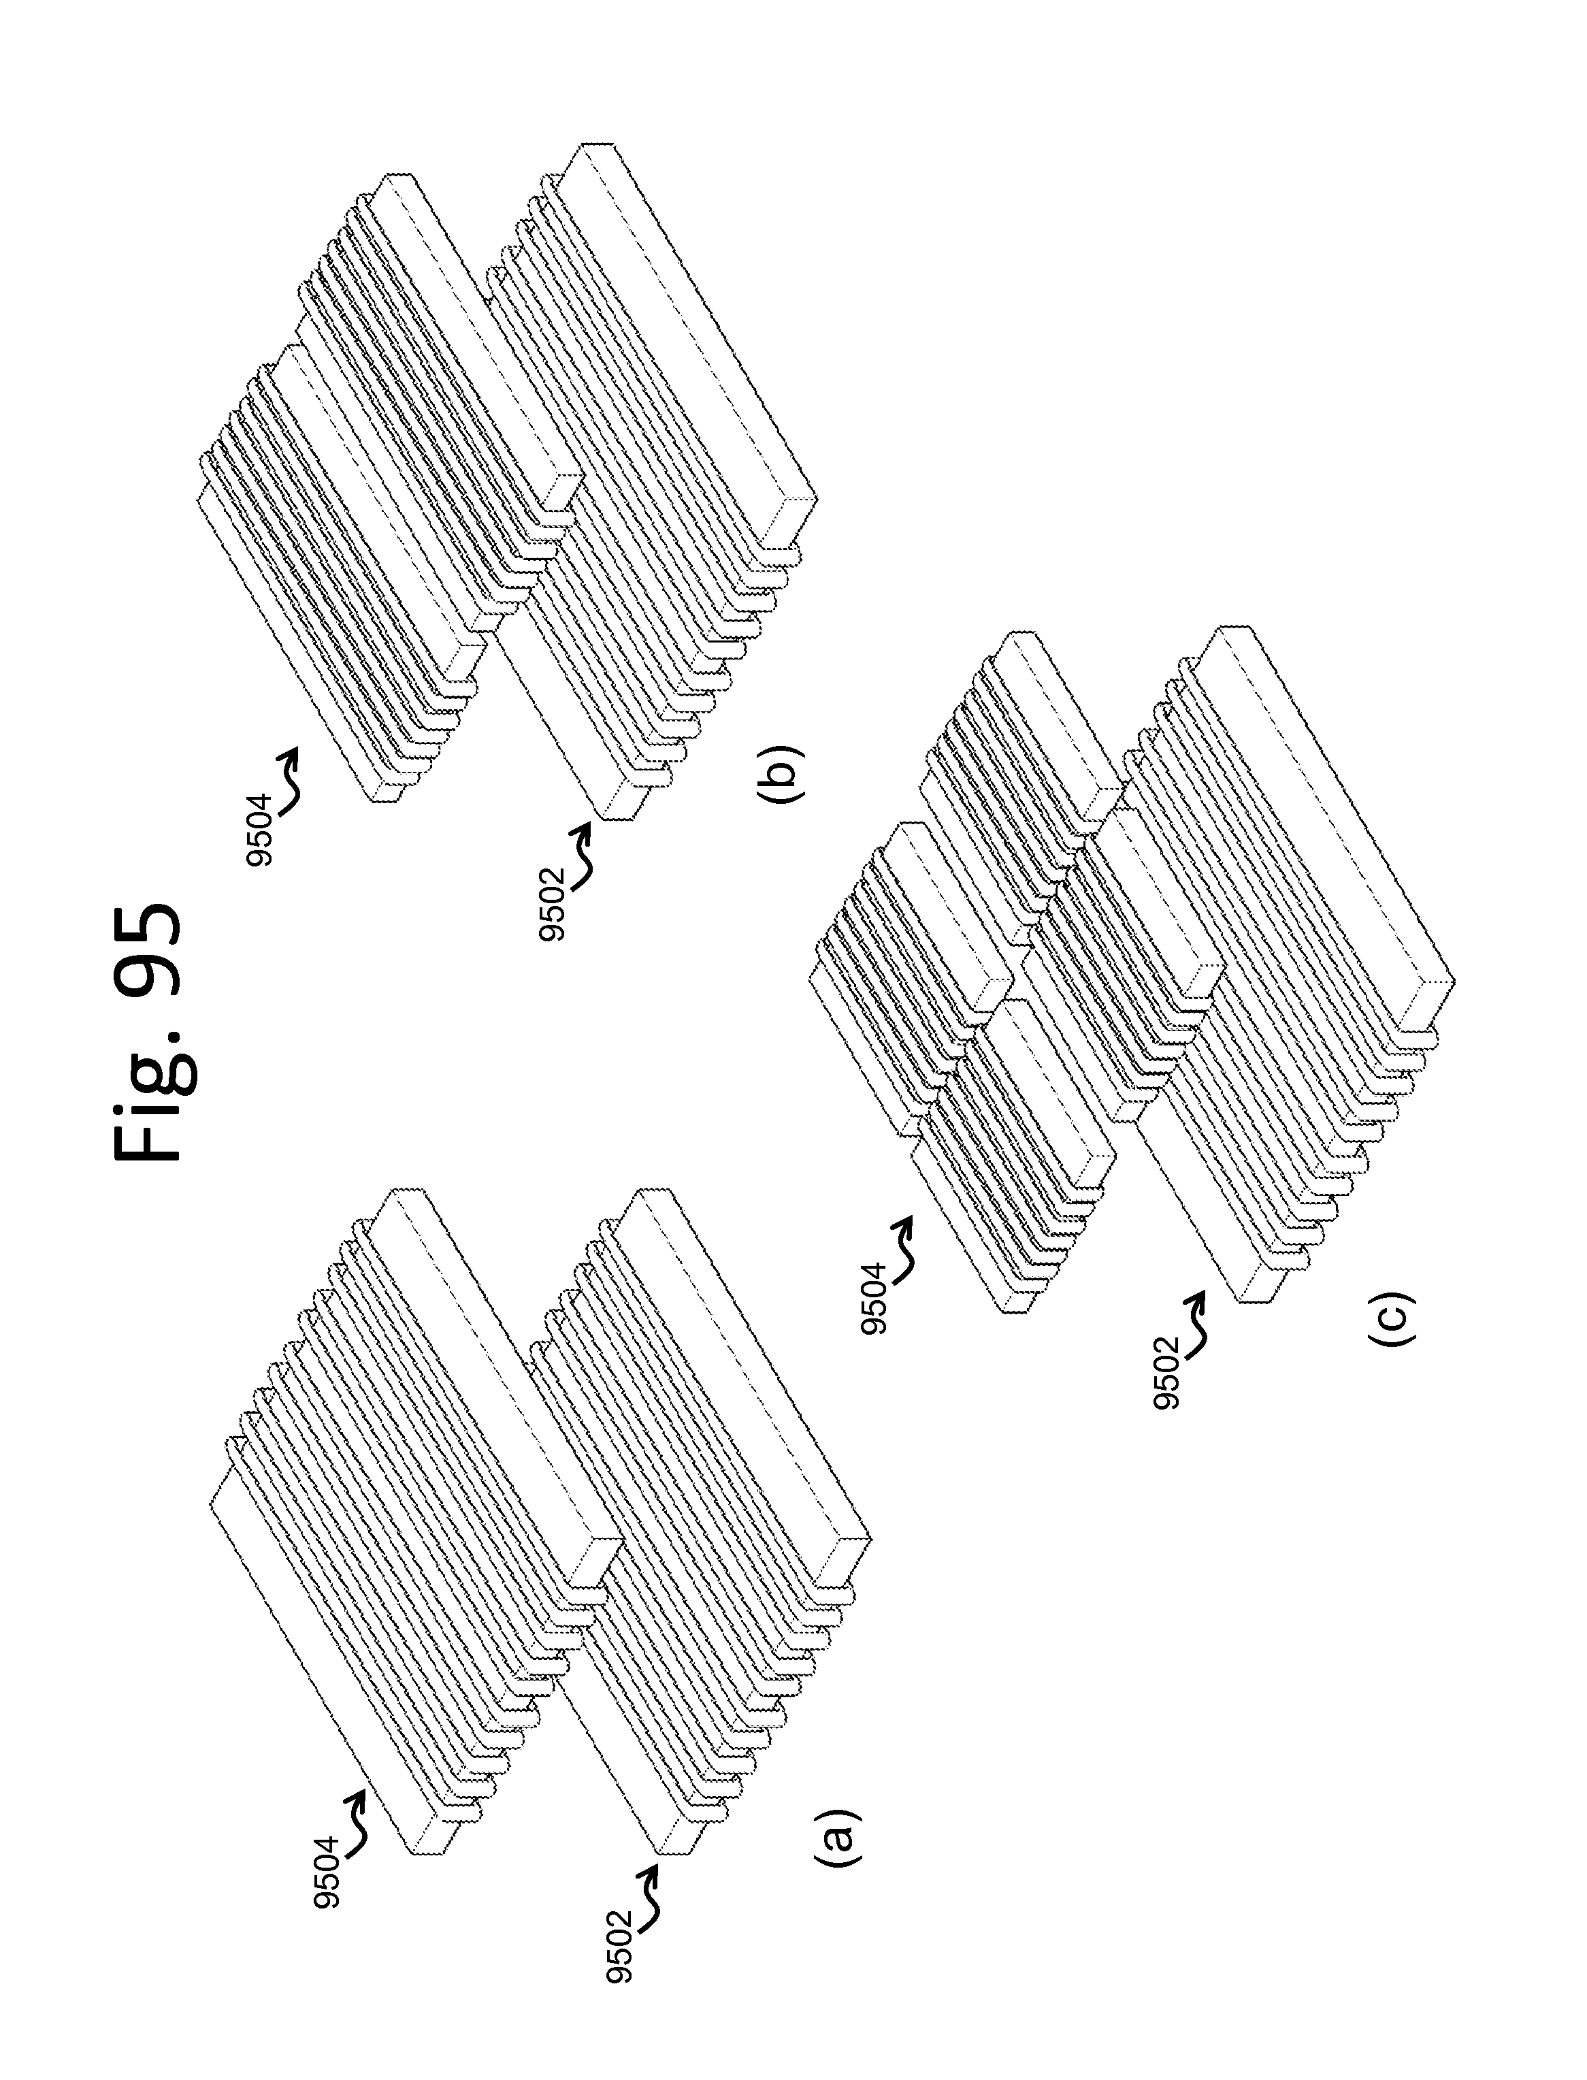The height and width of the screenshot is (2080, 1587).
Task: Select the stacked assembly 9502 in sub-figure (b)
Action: [x=652, y=491]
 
